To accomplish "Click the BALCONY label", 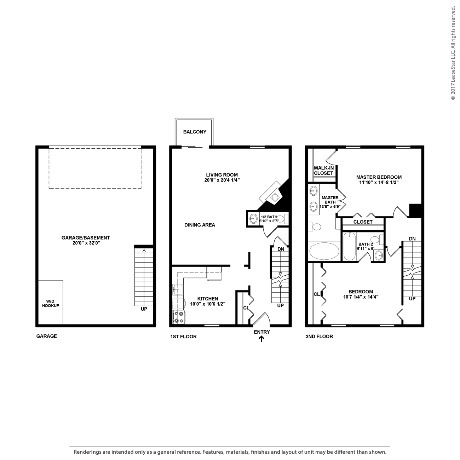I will click(195, 132).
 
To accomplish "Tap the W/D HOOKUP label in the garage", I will click(51, 303).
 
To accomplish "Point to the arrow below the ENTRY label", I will click(261, 339).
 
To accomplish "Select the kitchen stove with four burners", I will click(178, 317).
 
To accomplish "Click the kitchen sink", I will click(178, 289).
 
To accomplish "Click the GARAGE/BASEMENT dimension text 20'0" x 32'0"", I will click(86, 243).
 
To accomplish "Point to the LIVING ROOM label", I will click(222, 175).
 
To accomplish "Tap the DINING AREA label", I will click(200, 225).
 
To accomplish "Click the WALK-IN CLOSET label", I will click(323, 171).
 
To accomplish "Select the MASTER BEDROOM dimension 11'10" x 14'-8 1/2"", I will click(379, 183).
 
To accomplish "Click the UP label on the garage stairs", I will click(144, 309).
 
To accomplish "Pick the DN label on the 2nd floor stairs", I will click(412, 239).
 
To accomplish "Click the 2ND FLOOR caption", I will click(319, 337).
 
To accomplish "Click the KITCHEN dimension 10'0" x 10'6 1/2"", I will click(208, 304).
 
